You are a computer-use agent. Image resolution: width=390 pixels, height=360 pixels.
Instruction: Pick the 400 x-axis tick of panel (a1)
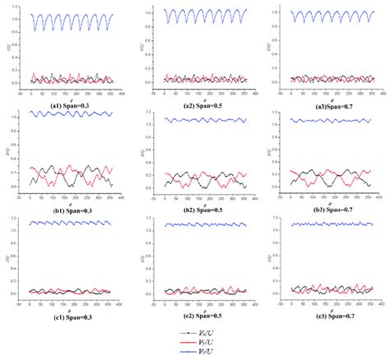point(117,94)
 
